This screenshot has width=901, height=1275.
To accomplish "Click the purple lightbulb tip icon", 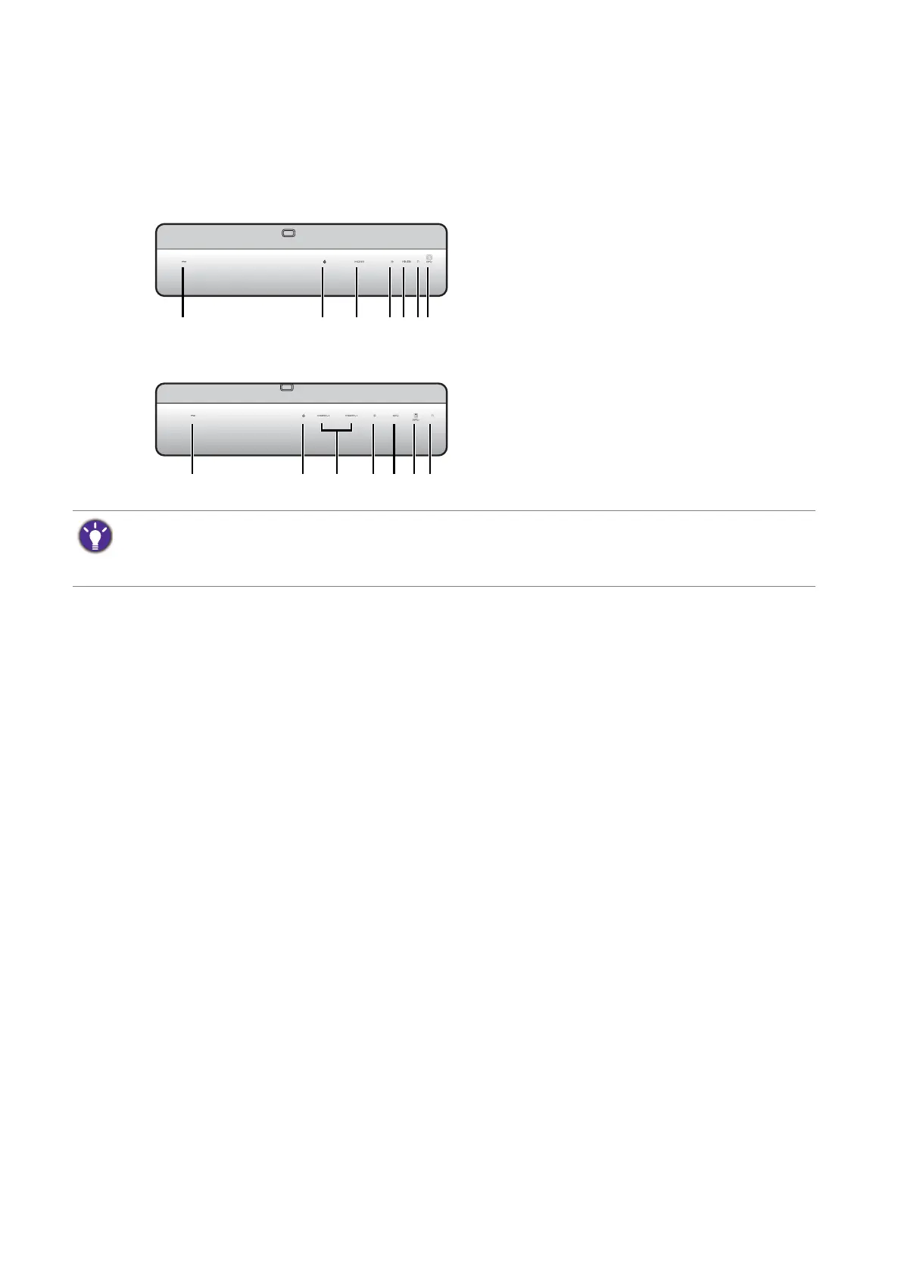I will pyautogui.click(x=95, y=537).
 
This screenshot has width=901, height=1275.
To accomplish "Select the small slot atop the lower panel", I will pyautogui.click(x=286, y=388).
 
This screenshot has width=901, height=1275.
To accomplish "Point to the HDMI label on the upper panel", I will pyautogui.click(x=359, y=261).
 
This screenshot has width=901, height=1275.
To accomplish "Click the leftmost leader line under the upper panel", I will pyautogui.click(x=183, y=291).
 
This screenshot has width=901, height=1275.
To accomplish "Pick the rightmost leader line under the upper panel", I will pyautogui.click(x=429, y=291).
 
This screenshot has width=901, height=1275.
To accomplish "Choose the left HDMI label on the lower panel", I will pyautogui.click(x=323, y=416).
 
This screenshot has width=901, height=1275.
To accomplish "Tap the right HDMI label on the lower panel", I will pyautogui.click(x=351, y=416).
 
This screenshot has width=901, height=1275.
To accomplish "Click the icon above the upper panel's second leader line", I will pyautogui.click(x=323, y=261).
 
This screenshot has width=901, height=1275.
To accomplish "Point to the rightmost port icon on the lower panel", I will pyautogui.click(x=432, y=416).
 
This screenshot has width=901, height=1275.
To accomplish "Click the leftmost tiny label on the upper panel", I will pyautogui.click(x=183, y=261).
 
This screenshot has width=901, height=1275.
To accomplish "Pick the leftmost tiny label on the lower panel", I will pyautogui.click(x=192, y=416).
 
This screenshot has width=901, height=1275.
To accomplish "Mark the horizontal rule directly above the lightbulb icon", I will pyautogui.click(x=444, y=511).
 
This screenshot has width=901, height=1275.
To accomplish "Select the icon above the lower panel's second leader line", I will pyautogui.click(x=303, y=416).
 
